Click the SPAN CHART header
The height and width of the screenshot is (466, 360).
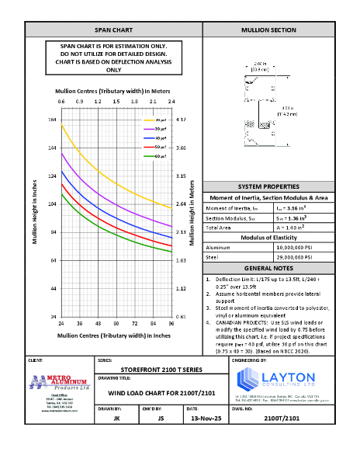tap(113, 30)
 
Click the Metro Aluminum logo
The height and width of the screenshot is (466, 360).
tap(60, 383)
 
